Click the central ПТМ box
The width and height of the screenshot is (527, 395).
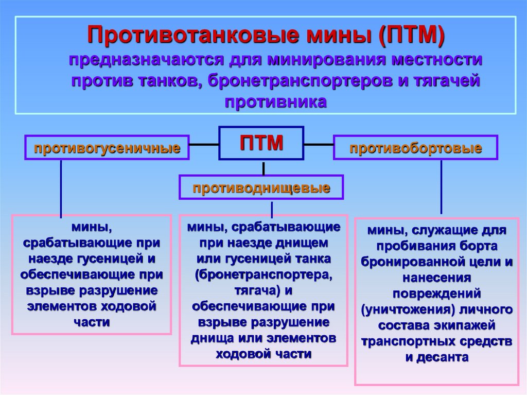[x=261, y=143]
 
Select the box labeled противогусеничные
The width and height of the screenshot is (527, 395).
[x=108, y=148]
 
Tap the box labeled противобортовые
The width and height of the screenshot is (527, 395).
[x=416, y=148]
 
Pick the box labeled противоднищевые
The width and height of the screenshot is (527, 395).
[x=261, y=187]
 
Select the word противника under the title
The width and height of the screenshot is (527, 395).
[x=275, y=102]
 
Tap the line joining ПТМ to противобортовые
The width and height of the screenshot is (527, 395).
[x=319, y=145]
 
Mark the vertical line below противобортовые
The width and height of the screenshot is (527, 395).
[x=441, y=186]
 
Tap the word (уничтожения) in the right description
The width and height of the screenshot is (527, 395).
[x=399, y=310]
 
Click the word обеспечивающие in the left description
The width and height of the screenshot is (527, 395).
[x=64, y=275]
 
